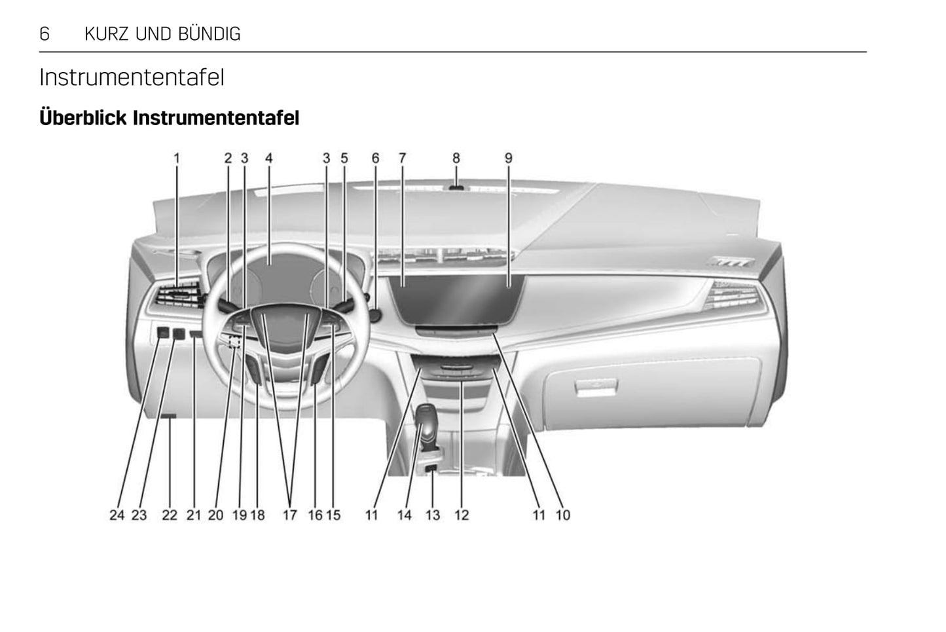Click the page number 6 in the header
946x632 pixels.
tap(45, 34)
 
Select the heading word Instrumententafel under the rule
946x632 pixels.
tap(132, 77)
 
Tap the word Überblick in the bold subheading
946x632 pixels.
tap(84, 119)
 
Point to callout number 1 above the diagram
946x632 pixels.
tap(177, 158)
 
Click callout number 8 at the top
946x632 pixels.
tap(456, 158)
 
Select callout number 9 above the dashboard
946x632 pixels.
tap(509, 158)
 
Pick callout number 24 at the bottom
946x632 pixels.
tap(117, 515)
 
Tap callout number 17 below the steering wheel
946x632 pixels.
tap(290, 515)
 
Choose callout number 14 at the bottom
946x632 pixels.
tap(405, 515)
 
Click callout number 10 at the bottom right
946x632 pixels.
tap(563, 515)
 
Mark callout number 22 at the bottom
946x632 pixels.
tap(170, 515)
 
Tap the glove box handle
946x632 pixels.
tap(596, 387)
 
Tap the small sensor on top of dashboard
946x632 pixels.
tap(456, 187)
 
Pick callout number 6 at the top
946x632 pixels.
tap(376, 158)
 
